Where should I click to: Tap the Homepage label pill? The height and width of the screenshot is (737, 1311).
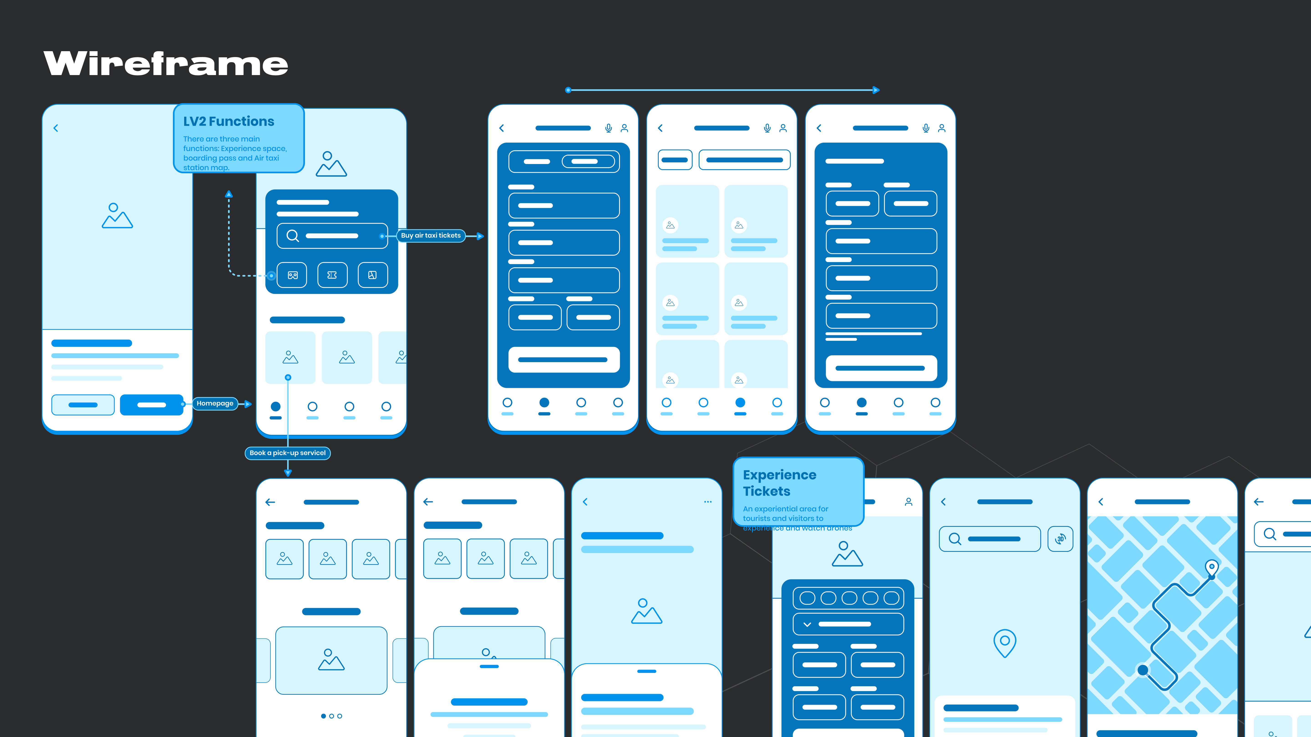pos(215,403)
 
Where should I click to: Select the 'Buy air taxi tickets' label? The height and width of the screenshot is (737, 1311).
pos(431,235)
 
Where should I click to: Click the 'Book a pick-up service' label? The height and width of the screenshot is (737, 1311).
pos(287,453)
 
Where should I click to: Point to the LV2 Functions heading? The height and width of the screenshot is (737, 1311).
pos(229,121)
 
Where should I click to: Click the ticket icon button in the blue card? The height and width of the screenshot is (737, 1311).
pos(332,275)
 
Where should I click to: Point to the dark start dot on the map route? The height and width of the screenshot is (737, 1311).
pos(1143,670)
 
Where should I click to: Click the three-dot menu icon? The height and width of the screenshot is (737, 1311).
pos(707,502)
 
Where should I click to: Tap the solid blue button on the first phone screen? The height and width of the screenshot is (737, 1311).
pos(152,405)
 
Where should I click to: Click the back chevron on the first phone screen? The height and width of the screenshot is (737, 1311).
pos(56,128)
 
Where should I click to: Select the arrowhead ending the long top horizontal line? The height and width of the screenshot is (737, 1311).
pos(876,90)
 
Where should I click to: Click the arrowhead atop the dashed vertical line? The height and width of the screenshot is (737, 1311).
pos(229,194)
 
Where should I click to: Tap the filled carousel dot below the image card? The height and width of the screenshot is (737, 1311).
pos(323,716)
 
